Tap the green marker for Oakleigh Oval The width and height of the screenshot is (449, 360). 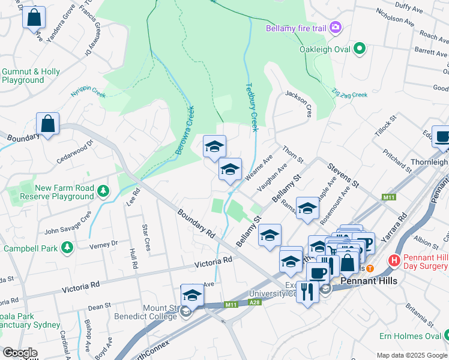pos(360,48)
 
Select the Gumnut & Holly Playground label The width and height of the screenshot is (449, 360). pos(31,76)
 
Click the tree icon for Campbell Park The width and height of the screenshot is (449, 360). pos(67,247)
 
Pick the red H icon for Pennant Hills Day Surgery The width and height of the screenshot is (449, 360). pos(394,260)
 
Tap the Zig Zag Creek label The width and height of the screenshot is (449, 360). pos(349,94)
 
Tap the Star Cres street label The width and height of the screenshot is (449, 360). pos(146,238)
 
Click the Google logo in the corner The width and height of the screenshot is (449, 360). pos(20,353)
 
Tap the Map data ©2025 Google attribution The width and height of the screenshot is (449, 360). pos(411,355)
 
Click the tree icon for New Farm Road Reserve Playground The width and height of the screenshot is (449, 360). pos(104,191)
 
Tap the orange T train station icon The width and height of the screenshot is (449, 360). pos(370,268)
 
